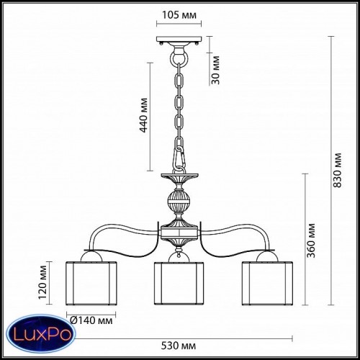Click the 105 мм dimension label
pos(179,15)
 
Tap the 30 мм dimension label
pos(216,70)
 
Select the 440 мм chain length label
pos(143,115)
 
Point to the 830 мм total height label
pos(338,170)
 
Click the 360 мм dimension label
pos(311,240)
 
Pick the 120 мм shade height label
pos(42,282)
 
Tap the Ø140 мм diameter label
pos(91,320)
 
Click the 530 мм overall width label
pos(179,346)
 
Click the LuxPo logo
pos(41,335)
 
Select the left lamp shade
pos(91,284)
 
